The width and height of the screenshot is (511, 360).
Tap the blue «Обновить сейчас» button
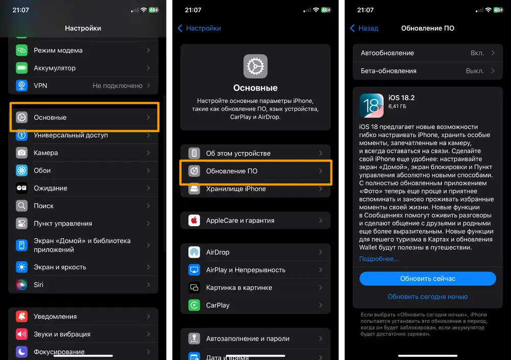coord(428,279)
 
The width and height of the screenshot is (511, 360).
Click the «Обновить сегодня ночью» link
coord(428,297)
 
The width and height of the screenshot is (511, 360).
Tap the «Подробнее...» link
coord(379,259)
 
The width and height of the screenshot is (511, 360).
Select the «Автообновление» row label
coord(387,53)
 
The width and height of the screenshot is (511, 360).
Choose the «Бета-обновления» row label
coord(388,71)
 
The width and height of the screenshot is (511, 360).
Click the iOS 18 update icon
coord(371,106)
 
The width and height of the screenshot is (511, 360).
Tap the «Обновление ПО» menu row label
coord(231,171)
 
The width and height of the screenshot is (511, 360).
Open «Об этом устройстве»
coord(238,153)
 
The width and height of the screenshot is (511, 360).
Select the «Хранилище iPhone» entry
coord(236,189)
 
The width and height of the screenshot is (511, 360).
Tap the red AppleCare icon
coord(194,220)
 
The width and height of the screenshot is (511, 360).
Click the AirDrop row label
coord(218,253)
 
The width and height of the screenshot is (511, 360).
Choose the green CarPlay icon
coord(194,305)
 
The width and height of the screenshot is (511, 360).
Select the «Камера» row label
coord(46,153)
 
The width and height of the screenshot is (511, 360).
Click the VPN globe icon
coord(22,85)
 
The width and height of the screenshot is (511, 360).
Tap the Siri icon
coord(22,285)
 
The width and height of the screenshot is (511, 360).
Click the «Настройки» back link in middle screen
coord(199,28)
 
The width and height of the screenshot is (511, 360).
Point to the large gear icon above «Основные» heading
coord(255,66)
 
